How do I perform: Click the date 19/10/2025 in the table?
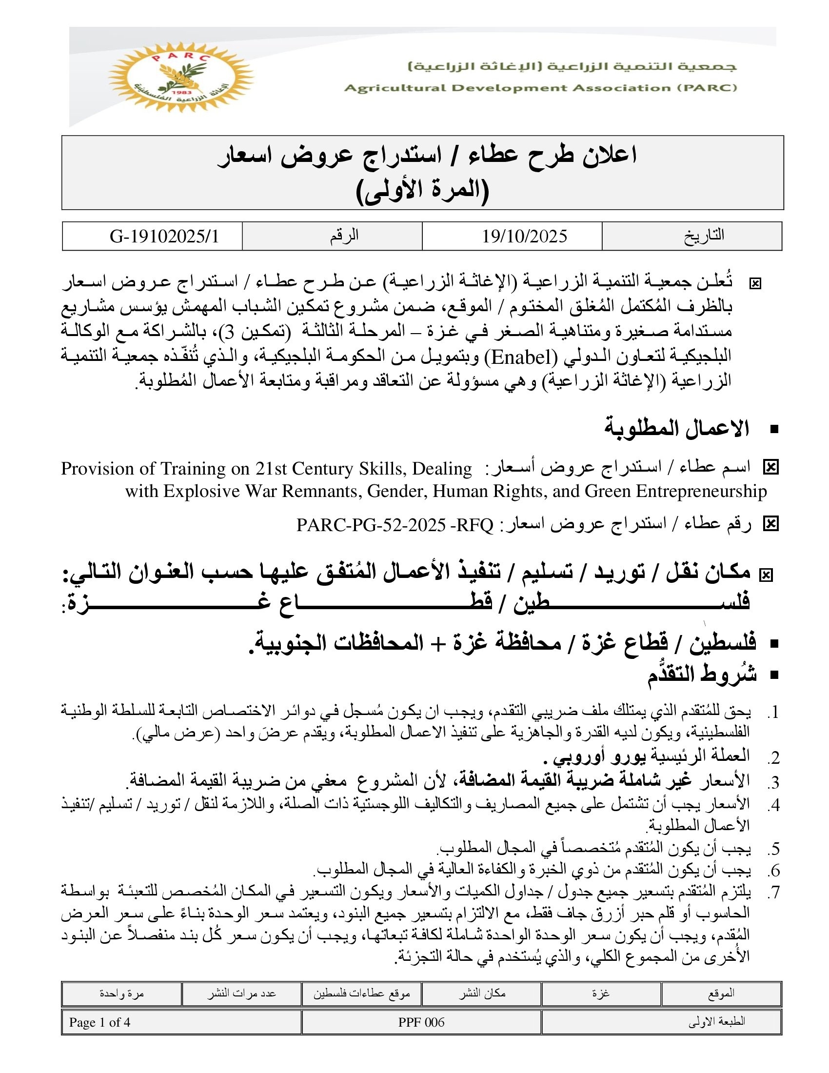tap(524, 237)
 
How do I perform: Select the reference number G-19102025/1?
tap(164, 237)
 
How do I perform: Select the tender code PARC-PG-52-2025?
tap(371, 525)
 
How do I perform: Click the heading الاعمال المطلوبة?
tap(677, 428)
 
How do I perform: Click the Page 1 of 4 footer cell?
tap(99, 1022)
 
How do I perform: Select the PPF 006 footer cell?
tap(421, 1022)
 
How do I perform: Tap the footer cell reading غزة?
tap(601, 993)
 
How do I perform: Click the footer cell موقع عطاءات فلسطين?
tap(362, 993)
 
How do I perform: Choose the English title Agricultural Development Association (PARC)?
tap(541, 88)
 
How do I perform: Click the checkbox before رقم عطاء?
tap(770, 525)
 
